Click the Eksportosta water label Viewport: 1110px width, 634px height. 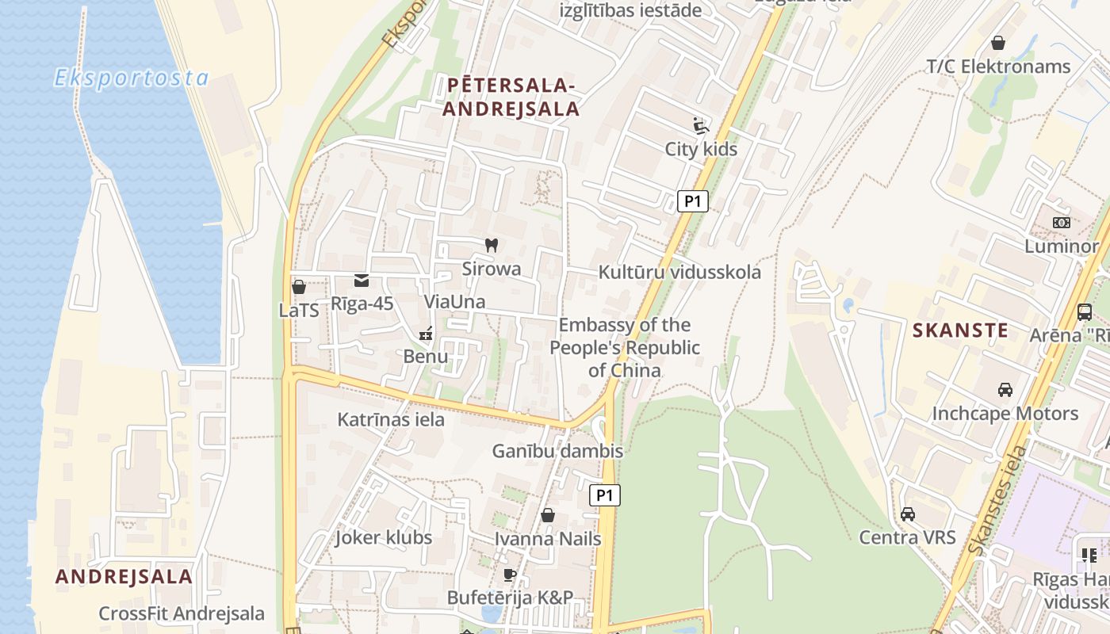(132, 78)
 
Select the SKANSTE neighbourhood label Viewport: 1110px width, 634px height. (960, 330)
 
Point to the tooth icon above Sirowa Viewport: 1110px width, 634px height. (491, 246)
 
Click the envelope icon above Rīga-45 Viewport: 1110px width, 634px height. (362, 280)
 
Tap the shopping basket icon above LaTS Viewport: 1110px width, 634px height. (299, 287)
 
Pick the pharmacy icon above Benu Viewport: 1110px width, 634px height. (426, 334)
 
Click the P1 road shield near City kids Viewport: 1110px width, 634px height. (693, 201)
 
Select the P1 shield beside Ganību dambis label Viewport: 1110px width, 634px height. (605, 496)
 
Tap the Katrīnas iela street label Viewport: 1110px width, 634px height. (391, 419)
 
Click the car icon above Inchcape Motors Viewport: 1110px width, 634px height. (1005, 390)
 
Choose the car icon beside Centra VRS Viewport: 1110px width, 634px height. (908, 514)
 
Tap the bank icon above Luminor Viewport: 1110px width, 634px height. (1061, 223)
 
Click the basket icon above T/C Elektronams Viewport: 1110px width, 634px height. (998, 43)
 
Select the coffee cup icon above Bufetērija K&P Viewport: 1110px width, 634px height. (509, 575)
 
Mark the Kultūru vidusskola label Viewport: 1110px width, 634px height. (679, 273)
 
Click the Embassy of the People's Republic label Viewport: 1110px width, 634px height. (625, 347)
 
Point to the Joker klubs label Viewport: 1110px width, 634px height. (384, 537)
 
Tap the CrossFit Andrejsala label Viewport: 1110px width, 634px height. (182, 613)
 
